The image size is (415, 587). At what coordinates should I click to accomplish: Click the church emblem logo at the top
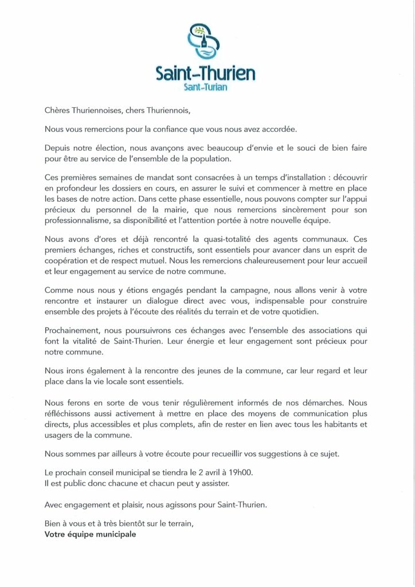click(206, 42)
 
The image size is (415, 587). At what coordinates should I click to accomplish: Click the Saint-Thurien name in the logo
click(206, 74)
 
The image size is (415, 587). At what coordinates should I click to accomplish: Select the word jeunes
click(201, 370)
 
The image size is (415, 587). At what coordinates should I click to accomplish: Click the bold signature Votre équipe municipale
click(91, 534)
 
